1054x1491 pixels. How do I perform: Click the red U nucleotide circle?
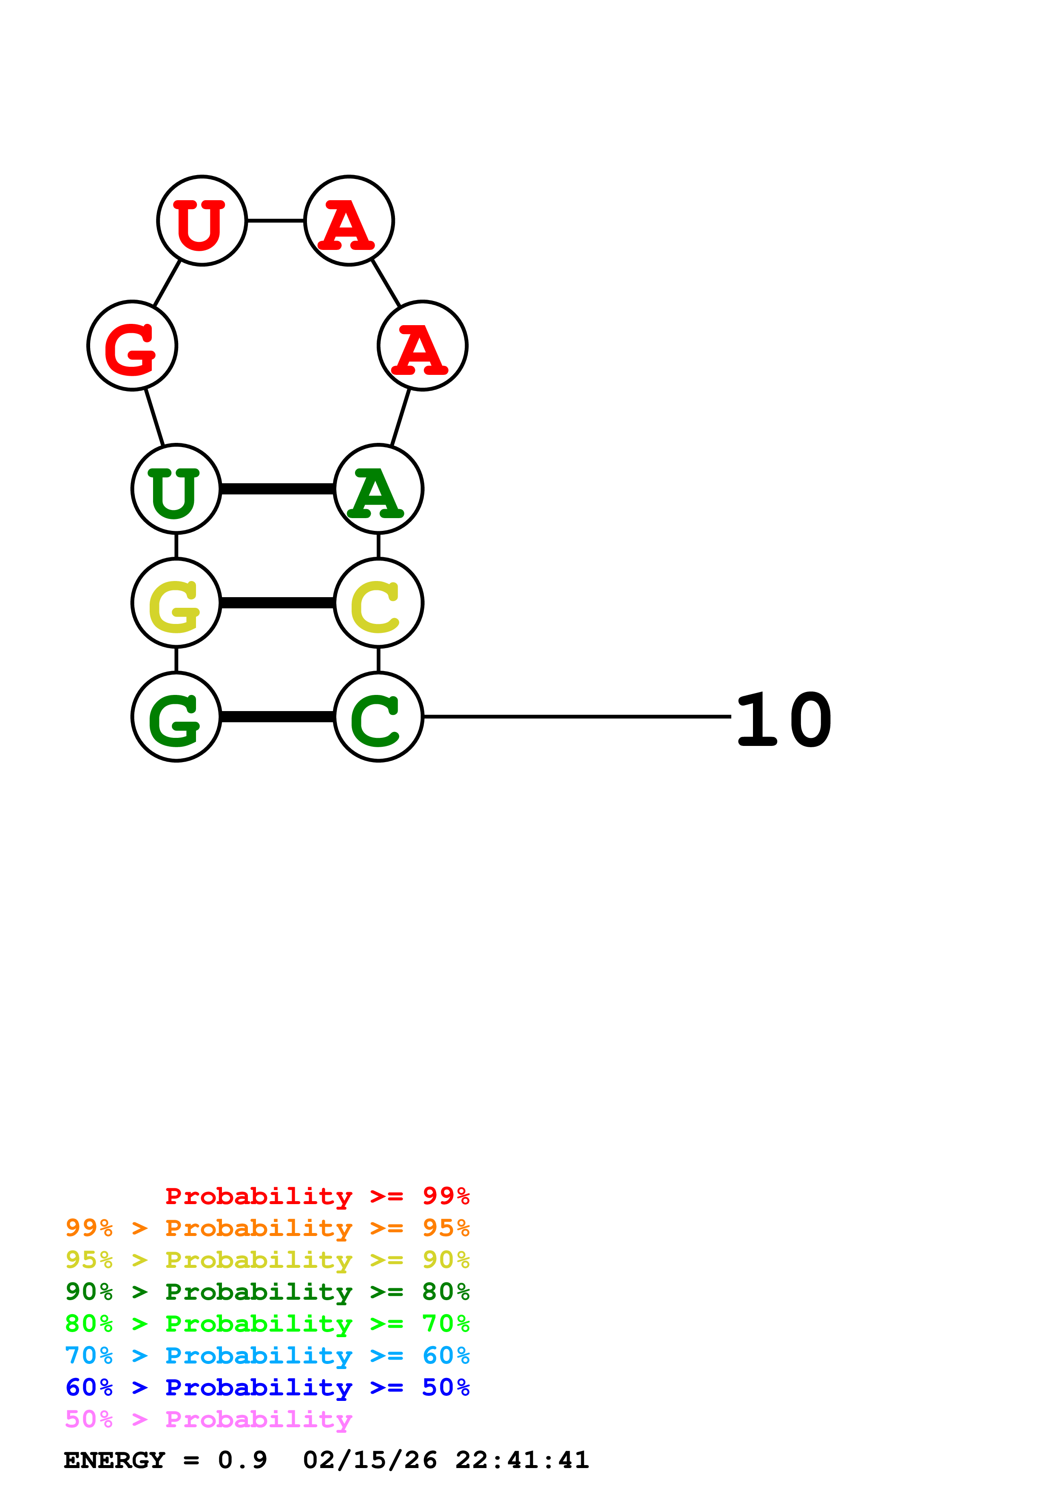pos(202,221)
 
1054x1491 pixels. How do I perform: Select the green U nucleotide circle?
pos(176,489)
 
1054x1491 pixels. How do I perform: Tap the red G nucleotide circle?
pos(133,346)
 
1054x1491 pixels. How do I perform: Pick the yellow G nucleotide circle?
pos(176,603)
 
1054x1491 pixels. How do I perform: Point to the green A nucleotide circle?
pos(378,489)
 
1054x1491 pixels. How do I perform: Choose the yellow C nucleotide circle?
pos(378,603)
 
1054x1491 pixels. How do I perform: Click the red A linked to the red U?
pos(349,221)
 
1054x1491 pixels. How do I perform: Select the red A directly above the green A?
pos(423,346)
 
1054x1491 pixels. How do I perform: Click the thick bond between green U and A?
pos(277,489)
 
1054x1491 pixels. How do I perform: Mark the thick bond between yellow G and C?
pos(277,603)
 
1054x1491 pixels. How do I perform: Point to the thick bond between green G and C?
pos(277,717)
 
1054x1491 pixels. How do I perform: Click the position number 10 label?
pos(784,720)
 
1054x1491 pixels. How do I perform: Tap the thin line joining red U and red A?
pos(276,221)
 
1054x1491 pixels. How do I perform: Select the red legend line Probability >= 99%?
pos(317,1196)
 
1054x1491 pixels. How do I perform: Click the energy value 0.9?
pos(242,1460)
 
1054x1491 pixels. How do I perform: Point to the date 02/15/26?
pos(369,1460)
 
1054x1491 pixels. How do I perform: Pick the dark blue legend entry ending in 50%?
pos(267,1387)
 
